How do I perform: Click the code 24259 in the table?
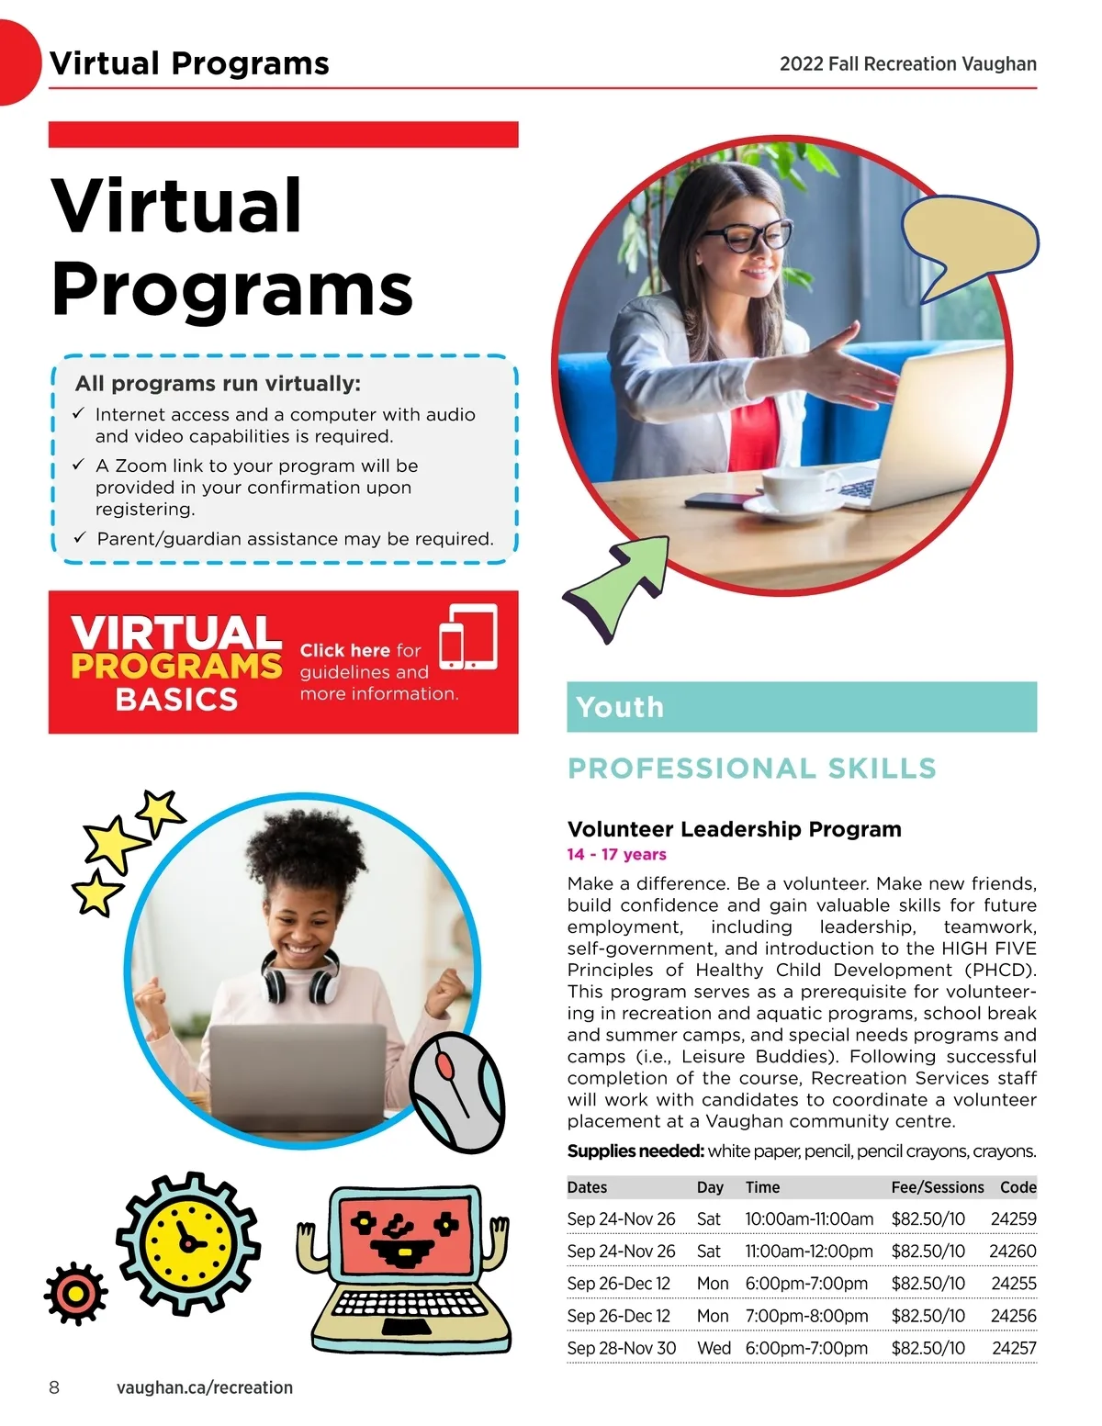pyautogui.click(x=1013, y=1219)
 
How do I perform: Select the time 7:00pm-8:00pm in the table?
pyautogui.click(x=806, y=1316)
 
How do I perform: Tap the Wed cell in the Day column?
pyautogui.click(x=714, y=1348)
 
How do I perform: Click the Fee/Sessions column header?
pyautogui.click(x=937, y=1187)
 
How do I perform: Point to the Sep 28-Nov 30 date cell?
pyautogui.click(x=621, y=1348)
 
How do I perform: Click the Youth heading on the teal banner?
pyautogui.click(x=620, y=707)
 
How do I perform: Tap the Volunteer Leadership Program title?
pyautogui.click(x=734, y=829)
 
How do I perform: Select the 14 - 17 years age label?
pyautogui.click(x=616, y=854)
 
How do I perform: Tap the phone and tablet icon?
pyautogui.click(x=468, y=637)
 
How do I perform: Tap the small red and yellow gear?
pyautogui.click(x=75, y=1294)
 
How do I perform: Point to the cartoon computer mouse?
pyautogui.click(x=456, y=1092)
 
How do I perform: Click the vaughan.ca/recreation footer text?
pyautogui.click(x=204, y=1387)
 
